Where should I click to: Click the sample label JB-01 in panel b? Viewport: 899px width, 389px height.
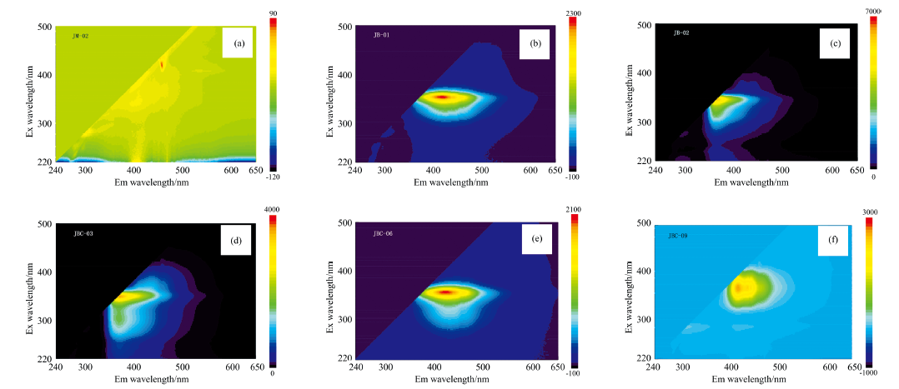(382, 34)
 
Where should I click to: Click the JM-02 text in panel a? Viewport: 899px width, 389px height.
(81, 35)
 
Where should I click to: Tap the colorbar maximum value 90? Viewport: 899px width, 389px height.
(274, 12)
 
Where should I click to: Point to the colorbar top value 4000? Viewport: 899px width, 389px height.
(275, 208)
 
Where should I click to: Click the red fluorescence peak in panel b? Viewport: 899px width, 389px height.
(442, 97)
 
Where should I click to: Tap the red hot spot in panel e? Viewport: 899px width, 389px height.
(446, 292)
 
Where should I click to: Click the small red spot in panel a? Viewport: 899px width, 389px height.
(163, 63)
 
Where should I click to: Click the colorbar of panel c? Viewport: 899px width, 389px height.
(872, 91)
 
